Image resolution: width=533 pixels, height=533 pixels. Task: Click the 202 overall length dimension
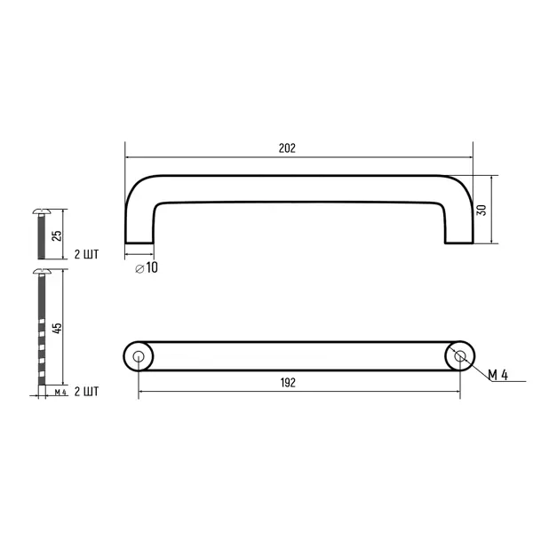[287, 148]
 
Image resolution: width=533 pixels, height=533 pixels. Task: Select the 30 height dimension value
[481, 210]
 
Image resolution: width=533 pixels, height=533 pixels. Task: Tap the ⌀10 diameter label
[147, 268]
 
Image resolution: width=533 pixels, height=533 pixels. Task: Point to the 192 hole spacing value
[288, 383]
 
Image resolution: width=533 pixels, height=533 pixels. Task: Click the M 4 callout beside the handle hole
[498, 375]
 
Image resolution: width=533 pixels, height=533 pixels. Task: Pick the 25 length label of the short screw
[57, 236]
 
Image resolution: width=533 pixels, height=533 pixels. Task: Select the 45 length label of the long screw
[57, 328]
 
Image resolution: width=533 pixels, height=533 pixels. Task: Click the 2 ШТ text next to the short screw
[86, 254]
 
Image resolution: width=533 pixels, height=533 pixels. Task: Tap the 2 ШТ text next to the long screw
[86, 391]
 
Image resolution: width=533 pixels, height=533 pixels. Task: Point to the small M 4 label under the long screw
[60, 393]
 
